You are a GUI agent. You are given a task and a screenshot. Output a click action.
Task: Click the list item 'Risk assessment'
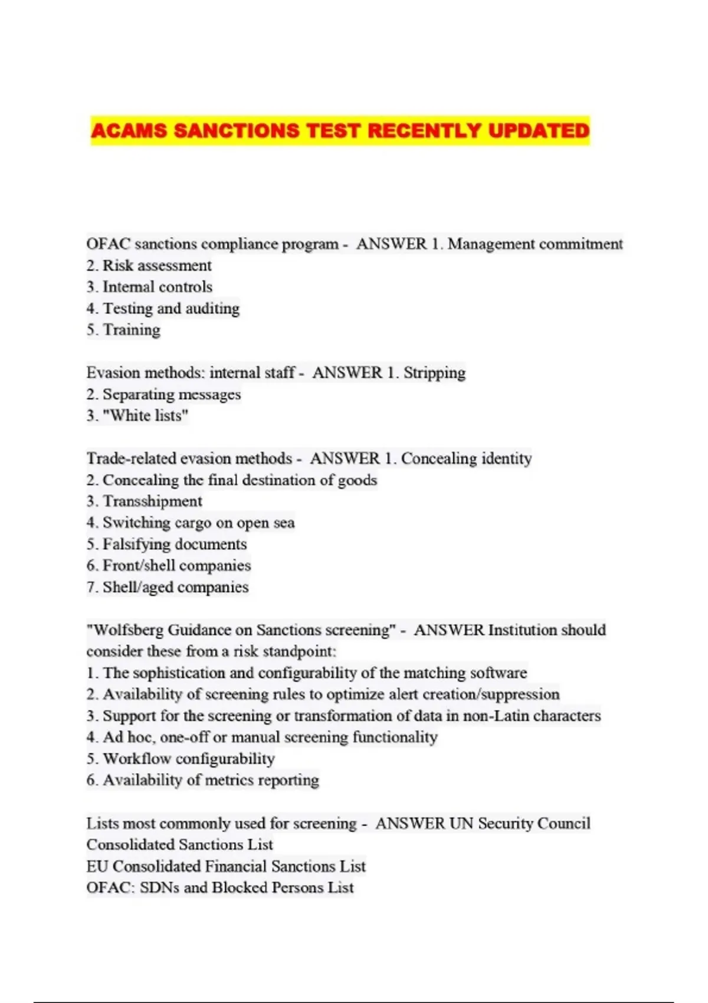(157, 265)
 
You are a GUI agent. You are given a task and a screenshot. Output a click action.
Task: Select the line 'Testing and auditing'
(171, 309)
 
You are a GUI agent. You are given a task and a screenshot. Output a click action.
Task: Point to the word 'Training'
(132, 330)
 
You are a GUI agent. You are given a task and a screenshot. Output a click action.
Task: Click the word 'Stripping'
(434, 373)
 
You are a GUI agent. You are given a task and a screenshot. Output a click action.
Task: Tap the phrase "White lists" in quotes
(145, 416)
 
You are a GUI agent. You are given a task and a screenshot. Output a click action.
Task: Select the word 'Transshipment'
(152, 501)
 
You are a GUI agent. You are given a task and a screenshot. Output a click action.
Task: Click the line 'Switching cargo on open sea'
(198, 523)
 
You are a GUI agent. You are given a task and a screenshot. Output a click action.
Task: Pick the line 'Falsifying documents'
(175, 545)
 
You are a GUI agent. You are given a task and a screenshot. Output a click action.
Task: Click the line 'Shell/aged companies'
(175, 588)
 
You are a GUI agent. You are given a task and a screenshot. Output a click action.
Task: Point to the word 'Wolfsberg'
(129, 630)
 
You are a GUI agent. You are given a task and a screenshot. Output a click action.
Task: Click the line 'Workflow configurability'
(189, 759)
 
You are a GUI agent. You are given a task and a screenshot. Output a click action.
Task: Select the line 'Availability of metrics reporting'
(211, 780)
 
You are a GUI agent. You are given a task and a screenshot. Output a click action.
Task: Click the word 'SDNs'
(159, 888)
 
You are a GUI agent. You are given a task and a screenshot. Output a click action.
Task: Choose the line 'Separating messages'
(172, 394)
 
